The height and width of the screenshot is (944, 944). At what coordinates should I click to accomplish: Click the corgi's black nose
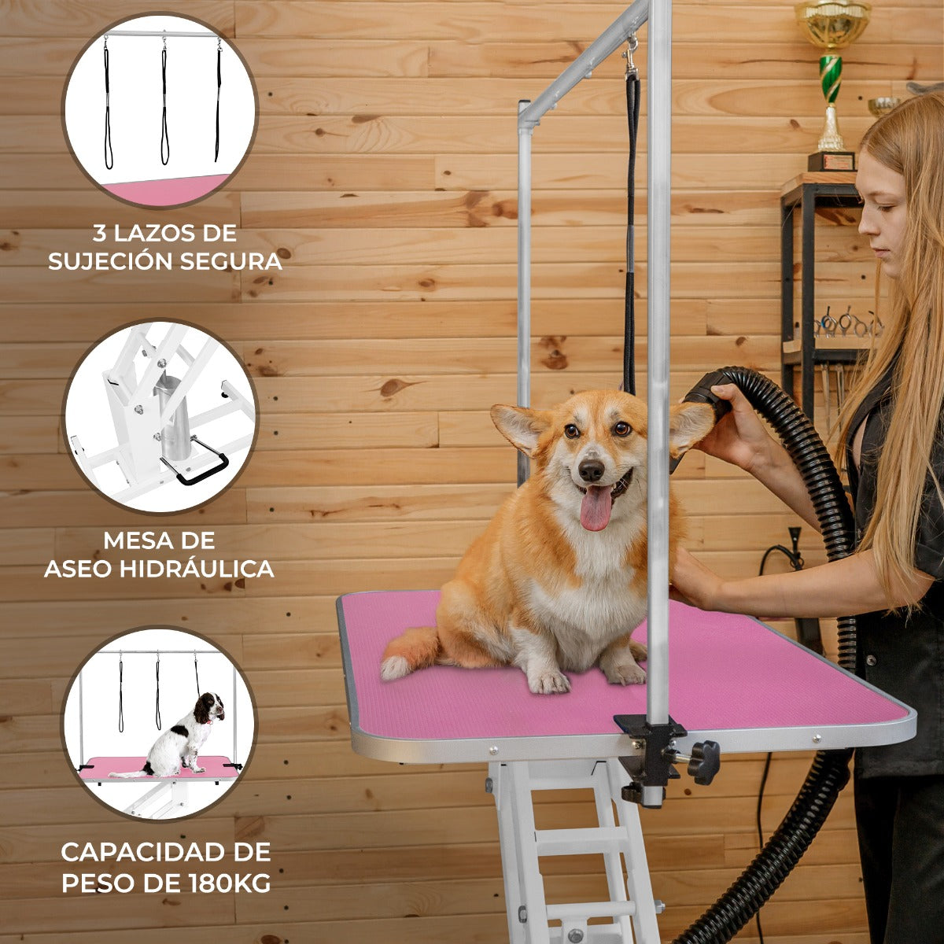click(592, 470)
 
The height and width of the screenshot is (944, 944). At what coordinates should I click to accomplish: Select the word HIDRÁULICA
click(197, 568)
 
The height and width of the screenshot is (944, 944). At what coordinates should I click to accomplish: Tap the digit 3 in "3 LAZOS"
click(99, 234)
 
